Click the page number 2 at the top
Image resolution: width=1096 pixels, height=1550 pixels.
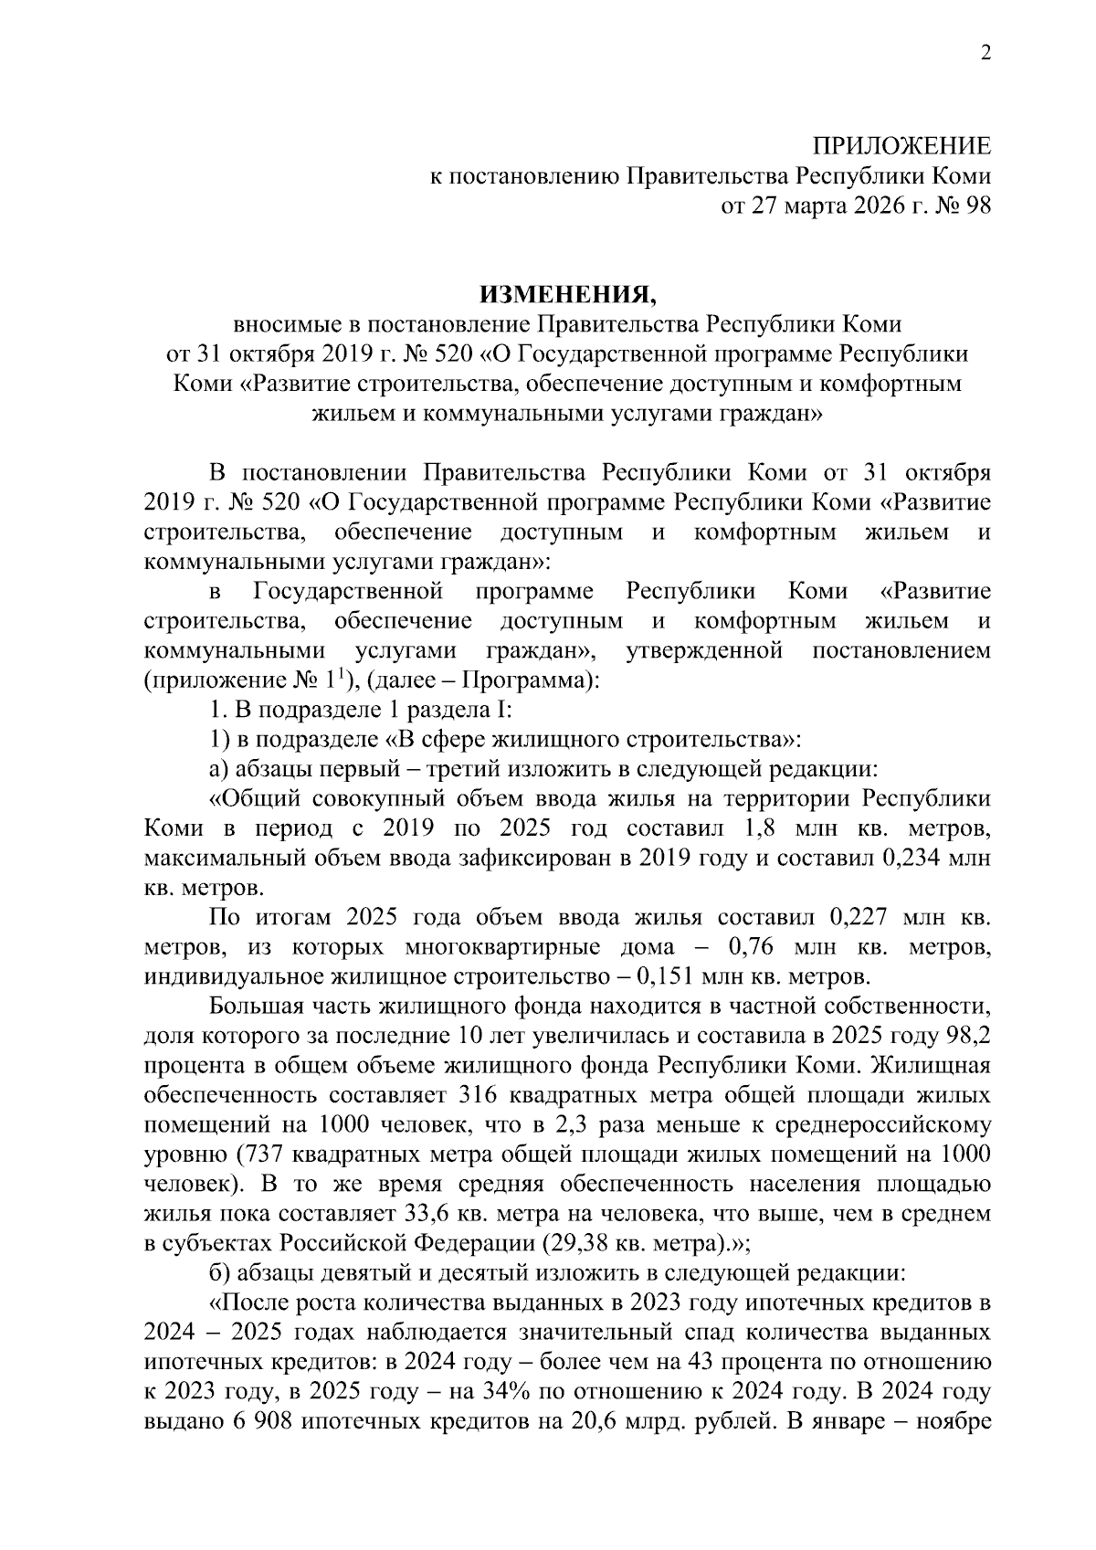[985, 54]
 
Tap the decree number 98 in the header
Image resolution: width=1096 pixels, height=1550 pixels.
[977, 206]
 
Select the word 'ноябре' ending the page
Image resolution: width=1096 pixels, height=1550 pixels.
[956, 1422]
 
